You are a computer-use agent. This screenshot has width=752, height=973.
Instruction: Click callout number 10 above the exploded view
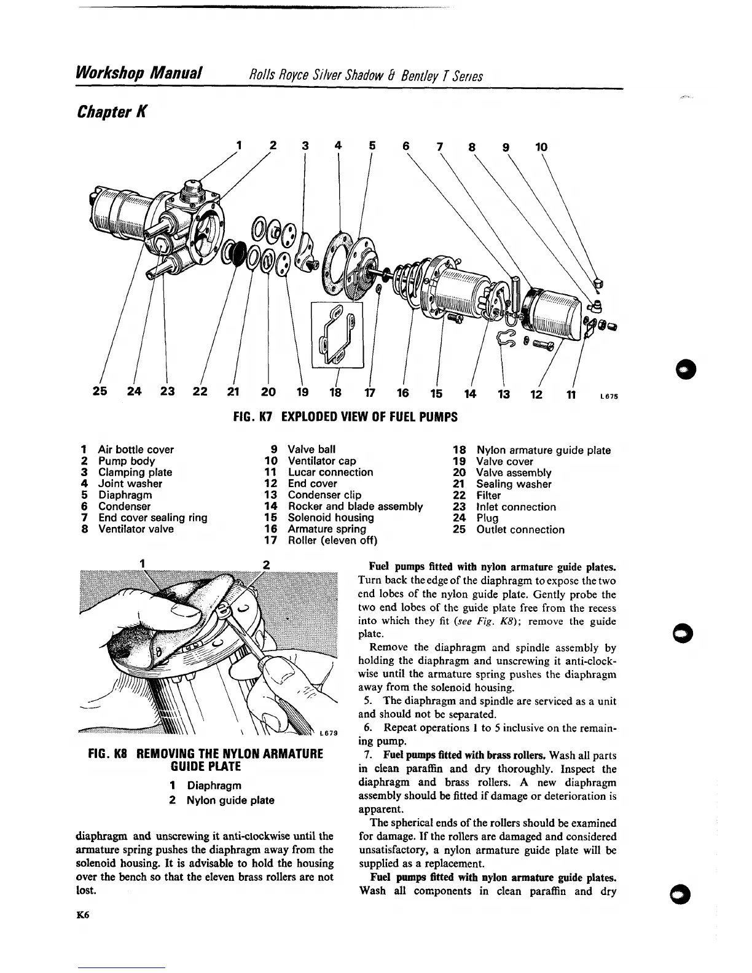tap(541, 147)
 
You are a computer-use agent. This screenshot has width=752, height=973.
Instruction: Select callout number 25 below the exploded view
tap(100, 393)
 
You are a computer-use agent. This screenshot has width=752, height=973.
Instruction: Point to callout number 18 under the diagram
tap(336, 393)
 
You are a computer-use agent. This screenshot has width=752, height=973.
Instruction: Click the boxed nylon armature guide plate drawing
tap(337, 335)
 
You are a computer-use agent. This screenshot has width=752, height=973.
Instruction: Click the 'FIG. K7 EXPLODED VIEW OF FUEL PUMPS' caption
tap(346, 417)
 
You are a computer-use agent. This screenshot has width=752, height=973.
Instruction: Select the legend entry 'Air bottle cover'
tap(136, 450)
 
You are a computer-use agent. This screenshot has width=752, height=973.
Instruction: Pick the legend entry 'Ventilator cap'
tap(322, 461)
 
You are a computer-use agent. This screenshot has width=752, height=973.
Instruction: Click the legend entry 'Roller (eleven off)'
tap(332, 541)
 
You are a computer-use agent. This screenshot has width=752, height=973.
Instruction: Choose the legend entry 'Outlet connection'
tap(520, 529)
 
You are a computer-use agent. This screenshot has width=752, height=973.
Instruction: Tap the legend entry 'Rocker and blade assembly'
tap(355, 506)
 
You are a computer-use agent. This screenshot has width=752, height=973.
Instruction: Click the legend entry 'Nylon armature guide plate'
tap(543, 450)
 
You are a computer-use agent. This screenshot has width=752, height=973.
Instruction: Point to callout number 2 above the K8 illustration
tap(266, 563)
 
